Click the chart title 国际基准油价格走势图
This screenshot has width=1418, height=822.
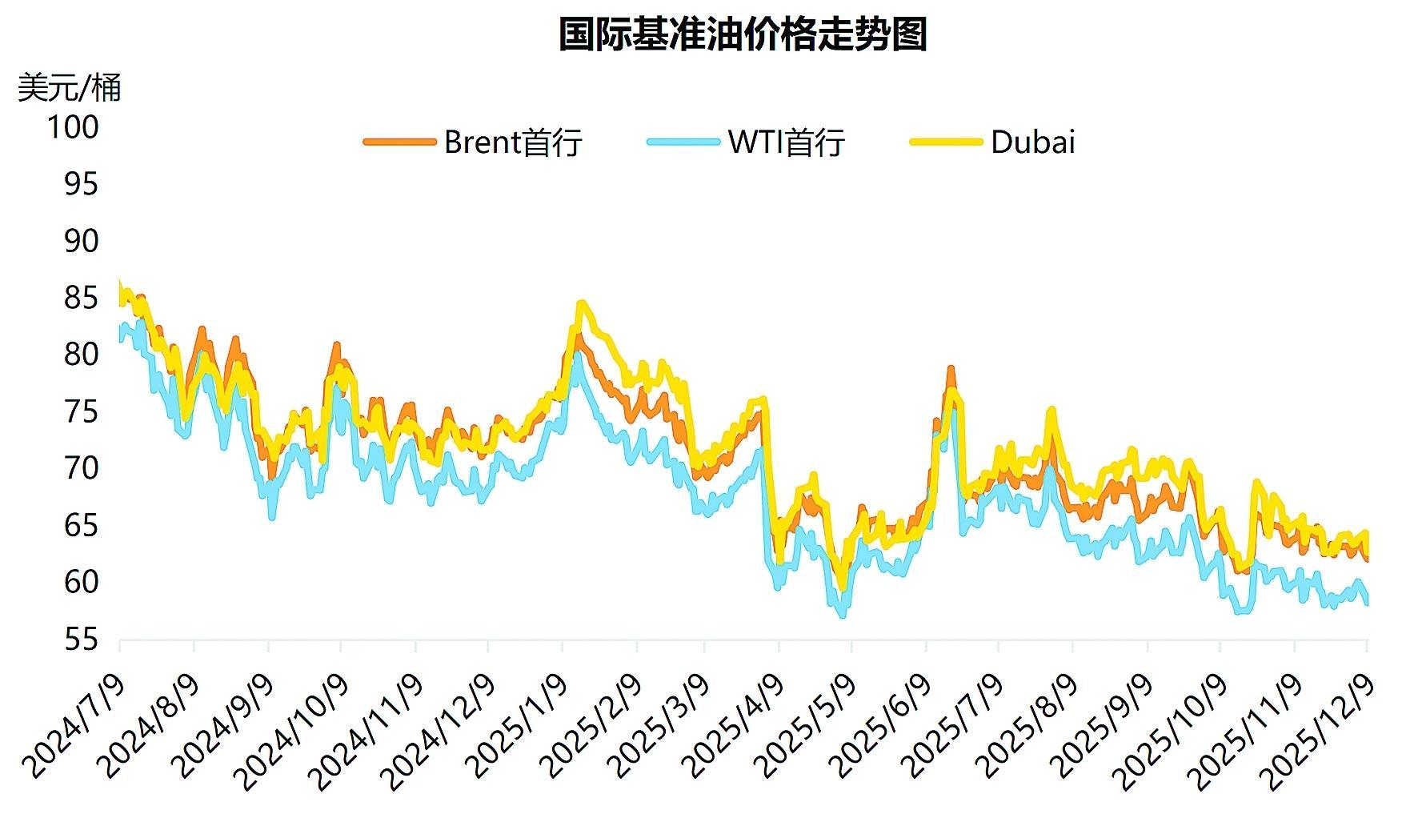point(742,35)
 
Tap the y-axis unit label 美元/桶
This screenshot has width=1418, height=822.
point(69,87)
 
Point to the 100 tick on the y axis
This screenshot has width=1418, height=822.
point(73,127)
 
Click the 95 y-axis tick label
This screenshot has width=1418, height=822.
point(80,184)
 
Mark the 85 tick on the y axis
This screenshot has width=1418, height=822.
point(80,299)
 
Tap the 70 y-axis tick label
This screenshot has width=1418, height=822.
point(80,468)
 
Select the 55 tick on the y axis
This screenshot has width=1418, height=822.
point(80,640)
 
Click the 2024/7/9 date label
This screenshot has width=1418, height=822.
point(76,724)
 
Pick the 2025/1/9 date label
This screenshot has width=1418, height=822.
point(519,724)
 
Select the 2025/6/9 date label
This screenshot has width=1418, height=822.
point(882,724)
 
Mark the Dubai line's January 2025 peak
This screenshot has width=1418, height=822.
point(581,303)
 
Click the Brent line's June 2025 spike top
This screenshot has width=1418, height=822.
point(951,368)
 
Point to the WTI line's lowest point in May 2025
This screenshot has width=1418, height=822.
point(842,615)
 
